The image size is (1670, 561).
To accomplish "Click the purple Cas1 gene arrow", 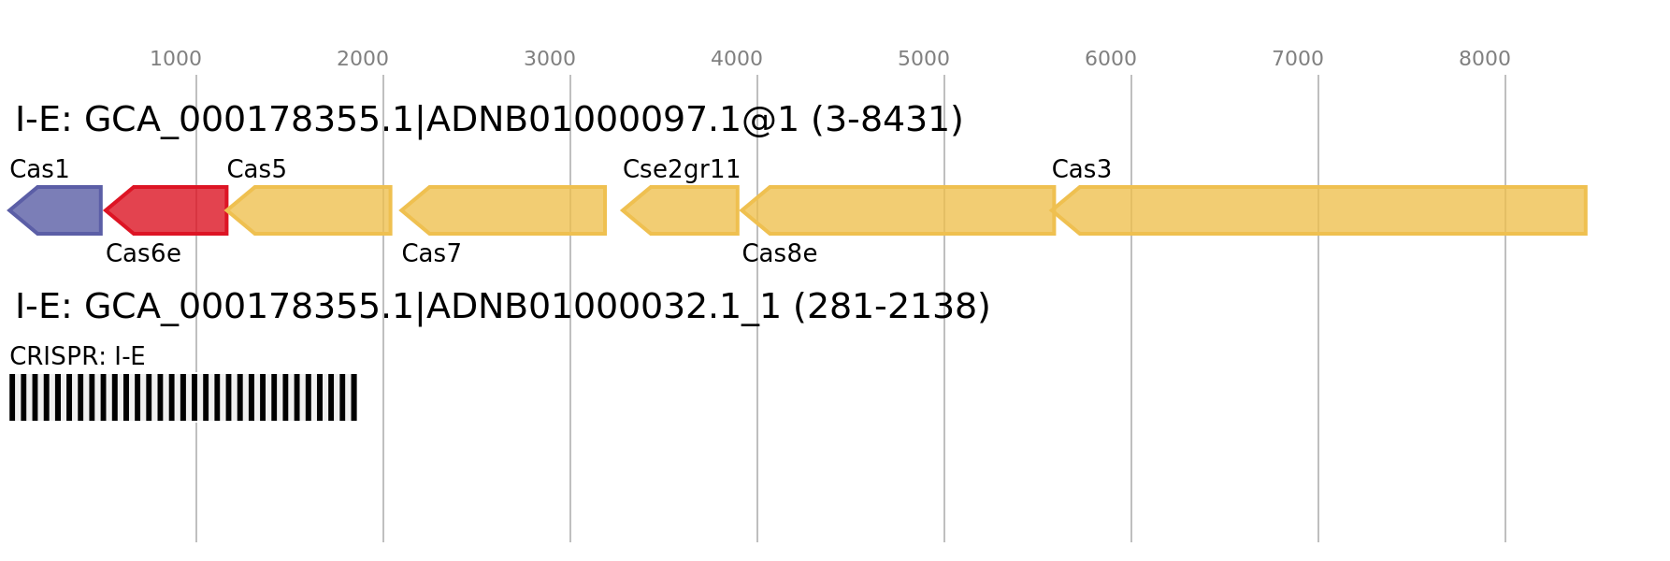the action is click(x=55, y=210).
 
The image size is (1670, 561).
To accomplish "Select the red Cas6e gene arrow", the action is click(x=166, y=210).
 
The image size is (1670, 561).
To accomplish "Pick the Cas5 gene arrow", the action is click(x=309, y=210).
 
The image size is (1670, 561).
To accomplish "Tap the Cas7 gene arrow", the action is click(x=503, y=210).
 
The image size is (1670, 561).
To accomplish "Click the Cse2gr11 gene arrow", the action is click(x=680, y=210).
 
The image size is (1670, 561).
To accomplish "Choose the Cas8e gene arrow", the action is click(x=898, y=210).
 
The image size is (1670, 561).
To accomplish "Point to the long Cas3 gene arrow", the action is click(x=1318, y=210).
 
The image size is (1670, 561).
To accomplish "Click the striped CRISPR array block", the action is click(x=183, y=397).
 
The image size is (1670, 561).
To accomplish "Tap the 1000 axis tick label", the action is click(x=176, y=59).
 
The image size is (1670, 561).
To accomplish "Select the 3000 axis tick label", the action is click(x=550, y=59).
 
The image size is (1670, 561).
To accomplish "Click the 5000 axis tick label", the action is click(x=924, y=59).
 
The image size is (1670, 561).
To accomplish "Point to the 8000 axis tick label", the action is click(x=1485, y=59).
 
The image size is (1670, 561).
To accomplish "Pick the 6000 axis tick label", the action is click(x=1111, y=59).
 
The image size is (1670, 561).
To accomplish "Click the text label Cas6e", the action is click(x=143, y=254).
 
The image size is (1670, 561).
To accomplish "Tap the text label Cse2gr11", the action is click(x=682, y=170).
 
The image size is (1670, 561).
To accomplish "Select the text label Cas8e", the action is click(x=780, y=254).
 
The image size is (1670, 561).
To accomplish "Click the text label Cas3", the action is click(x=1082, y=170).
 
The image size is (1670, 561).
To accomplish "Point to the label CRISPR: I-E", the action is click(x=78, y=357).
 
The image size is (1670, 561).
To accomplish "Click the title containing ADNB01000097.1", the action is click(x=489, y=121).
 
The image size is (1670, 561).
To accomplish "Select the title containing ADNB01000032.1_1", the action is click(x=503, y=308).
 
